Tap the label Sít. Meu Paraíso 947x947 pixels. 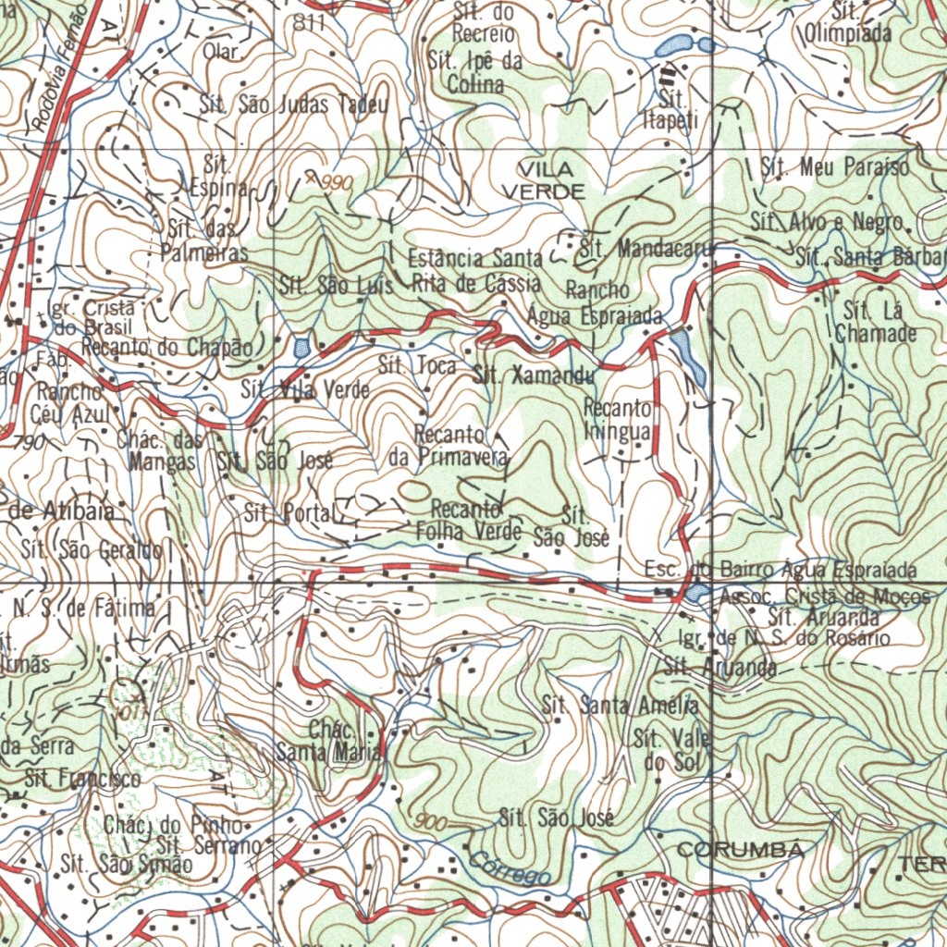point(834,167)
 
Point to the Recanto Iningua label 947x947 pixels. point(619,420)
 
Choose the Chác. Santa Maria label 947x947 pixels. point(329,741)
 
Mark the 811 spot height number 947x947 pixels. point(309,25)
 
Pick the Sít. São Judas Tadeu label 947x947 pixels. point(294,104)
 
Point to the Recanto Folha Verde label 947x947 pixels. point(469,521)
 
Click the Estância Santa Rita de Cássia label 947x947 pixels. point(473,270)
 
